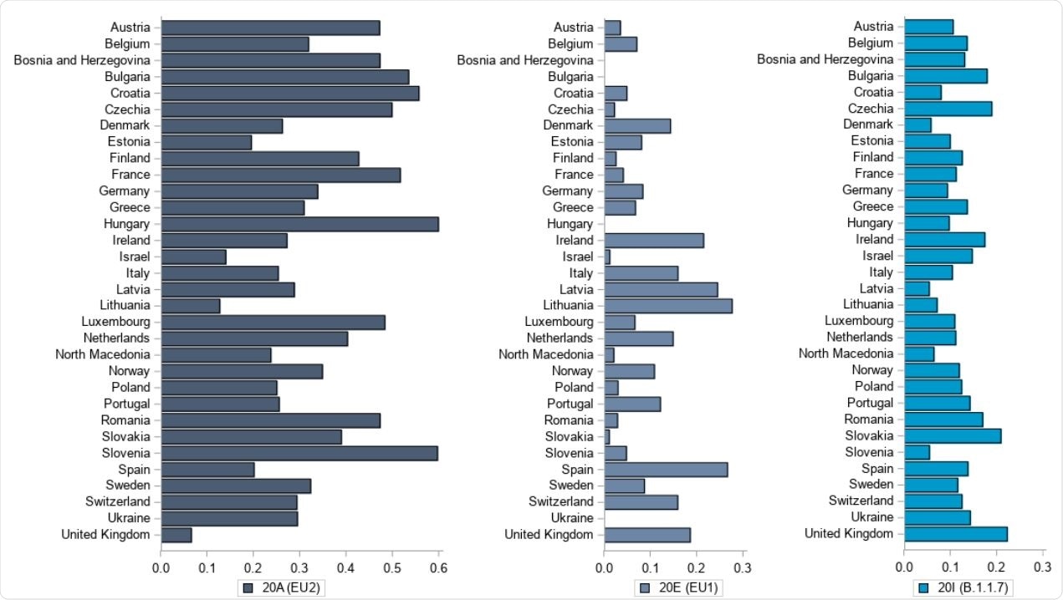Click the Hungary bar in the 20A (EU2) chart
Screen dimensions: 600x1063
[x=299, y=224]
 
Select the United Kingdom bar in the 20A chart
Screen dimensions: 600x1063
[x=176, y=535]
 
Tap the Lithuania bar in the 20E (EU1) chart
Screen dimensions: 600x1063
[x=667, y=306]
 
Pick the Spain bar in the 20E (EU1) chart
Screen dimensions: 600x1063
[x=666, y=470]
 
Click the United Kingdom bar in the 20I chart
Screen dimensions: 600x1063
[x=955, y=534]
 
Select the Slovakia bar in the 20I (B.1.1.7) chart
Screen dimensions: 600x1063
[x=953, y=435]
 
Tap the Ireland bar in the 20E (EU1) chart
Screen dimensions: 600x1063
[x=653, y=241]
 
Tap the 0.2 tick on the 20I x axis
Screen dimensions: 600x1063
[x=996, y=567]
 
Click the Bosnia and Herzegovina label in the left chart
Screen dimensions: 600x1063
[x=82, y=60]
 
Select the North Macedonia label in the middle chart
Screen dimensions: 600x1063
[x=546, y=354]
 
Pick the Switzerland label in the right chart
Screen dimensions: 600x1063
[x=861, y=501]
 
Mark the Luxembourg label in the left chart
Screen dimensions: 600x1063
[x=115, y=322]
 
